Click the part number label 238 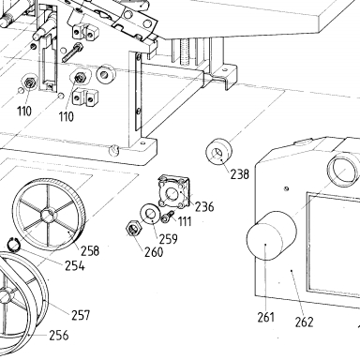click(x=240, y=174)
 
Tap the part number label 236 click(x=204, y=206)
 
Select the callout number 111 click(x=185, y=221)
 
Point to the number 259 click(x=168, y=239)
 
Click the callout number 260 click(x=154, y=252)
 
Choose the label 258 click(x=90, y=250)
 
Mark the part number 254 click(x=75, y=266)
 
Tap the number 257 click(x=81, y=315)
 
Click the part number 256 click(x=58, y=336)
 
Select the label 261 click(x=266, y=317)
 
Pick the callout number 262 click(x=304, y=322)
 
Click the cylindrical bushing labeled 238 click(x=218, y=152)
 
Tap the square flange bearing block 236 click(x=173, y=191)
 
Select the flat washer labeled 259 click(x=150, y=214)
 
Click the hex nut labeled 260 click(x=134, y=229)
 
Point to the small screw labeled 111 click(x=168, y=217)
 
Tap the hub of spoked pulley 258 click(x=48, y=216)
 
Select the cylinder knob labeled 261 click(x=271, y=235)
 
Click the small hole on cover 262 click(x=287, y=188)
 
